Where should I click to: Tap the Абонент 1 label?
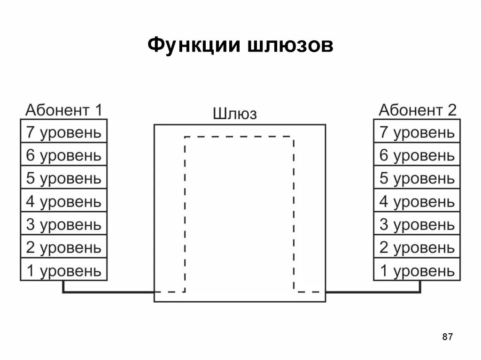pyautogui.click(x=63, y=110)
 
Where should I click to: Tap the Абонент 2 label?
pyautogui.click(x=417, y=110)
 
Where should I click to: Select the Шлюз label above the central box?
pyautogui.click(x=235, y=114)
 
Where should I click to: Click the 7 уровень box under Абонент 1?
pyautogui.click(x=63, y=132)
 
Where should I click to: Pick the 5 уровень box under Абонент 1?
pyautogui.click(x=63, y=178)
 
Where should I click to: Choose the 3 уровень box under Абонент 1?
pyautogui.click(x=63, y=224)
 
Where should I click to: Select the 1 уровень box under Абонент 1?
pyautogui.click(x=63, y=270)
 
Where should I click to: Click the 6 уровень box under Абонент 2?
pyautogui.click(x=417, y=155)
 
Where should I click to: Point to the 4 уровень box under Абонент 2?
pyautogui.click(x=417, y=201)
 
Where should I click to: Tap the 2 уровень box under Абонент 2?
pyautogui.click(x=417, y=247)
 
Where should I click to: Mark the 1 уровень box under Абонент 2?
pyautogui.click(x=417, y=270)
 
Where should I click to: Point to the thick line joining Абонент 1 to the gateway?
pyautogui.click(x=108, y=292)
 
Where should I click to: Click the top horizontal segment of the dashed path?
pyautogui.click(x=240, y=137)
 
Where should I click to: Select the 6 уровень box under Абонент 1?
pyautogui.click(x=63, y=155)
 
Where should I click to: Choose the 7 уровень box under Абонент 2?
pyautogui.click(x=417, y=132)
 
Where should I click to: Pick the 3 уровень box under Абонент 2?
pyautogui.click(x=417, y=224)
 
